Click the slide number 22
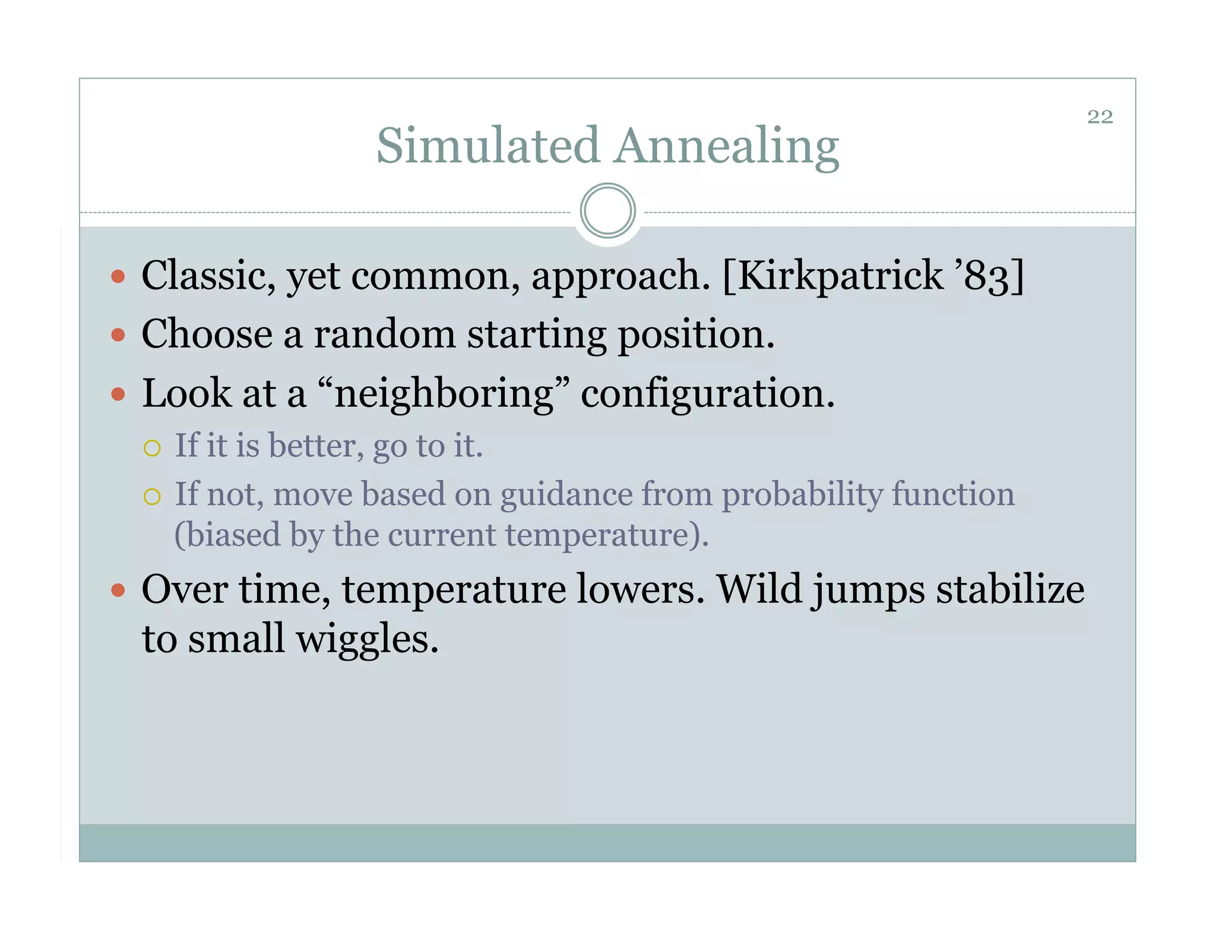pyautogui.click(x=1100, y=117)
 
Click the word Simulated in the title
pyautogui.click(x=487, y=146)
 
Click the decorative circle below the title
pyautogui.click(x=607, y=211)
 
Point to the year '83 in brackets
pyautogui.click(x=983, y=276)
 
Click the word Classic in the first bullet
pyautogui.click(x=207, y=276)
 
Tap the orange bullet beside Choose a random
pyautogui.click(x=118, y=335)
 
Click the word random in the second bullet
pyautogui.click(x=384, y=335)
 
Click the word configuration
pyautogui.click(x=707, y=395)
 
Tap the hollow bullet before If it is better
pyautogui.click(x=152, y=448)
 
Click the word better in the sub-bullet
pyautogui.click(x=315, y=446)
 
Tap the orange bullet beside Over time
pyautogui.click(x=118, y=590)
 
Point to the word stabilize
pyautogui.click(x=1010, y=590)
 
